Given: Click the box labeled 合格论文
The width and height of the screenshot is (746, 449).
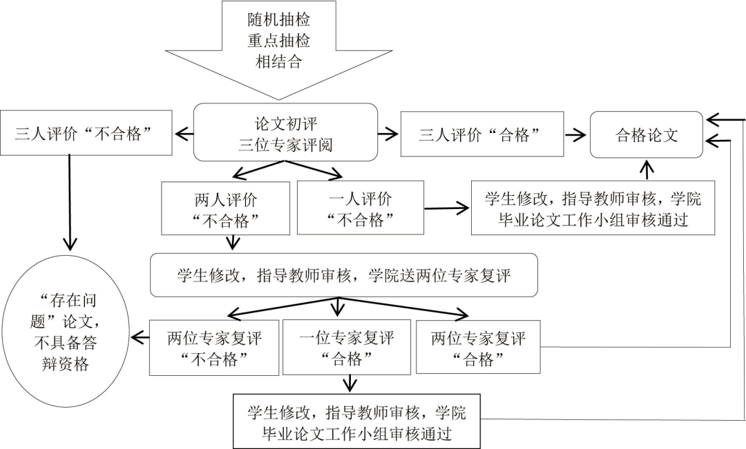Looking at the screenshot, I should coord(646,134).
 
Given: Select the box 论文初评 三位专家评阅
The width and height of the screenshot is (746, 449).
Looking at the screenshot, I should coord(285,132).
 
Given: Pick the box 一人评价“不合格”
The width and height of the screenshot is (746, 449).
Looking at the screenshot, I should coord(360,208).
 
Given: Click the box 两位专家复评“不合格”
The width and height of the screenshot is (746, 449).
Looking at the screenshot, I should coord(214,348).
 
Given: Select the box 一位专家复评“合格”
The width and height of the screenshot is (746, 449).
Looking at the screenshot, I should coord(347,348).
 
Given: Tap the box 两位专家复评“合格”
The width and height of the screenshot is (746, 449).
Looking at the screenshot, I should coord(479,348).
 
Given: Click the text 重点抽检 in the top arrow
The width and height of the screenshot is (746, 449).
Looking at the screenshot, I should coord(278,40).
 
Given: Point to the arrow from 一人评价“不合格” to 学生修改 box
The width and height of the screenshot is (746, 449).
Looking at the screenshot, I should coord(447,207).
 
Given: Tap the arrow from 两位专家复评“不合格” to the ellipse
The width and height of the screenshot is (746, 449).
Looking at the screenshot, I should coord(141,337).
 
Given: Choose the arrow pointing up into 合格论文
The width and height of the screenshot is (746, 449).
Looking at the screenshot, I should coord(647,169).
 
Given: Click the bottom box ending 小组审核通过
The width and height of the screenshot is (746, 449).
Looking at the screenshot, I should coord(357,422).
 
